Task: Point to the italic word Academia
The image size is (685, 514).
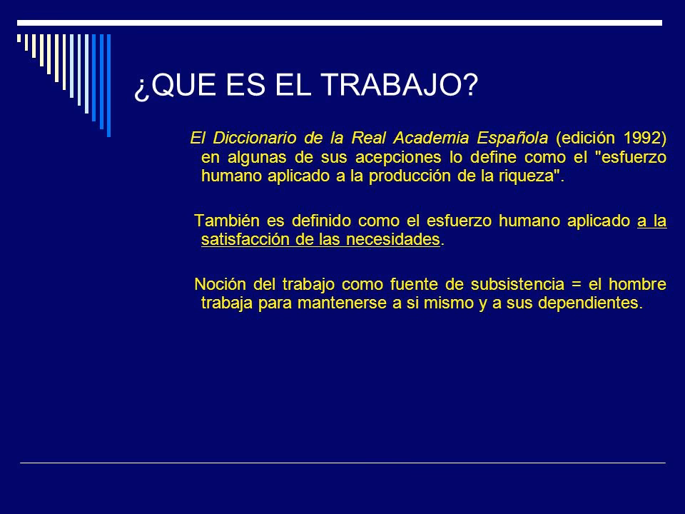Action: point(431,138)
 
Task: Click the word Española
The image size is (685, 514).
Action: point(512,138)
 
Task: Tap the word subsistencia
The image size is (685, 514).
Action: point(517,284)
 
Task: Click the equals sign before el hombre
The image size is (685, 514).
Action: point(577,285)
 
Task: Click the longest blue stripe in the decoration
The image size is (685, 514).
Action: point(108,85)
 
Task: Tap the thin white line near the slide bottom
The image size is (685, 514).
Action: point(342,463)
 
